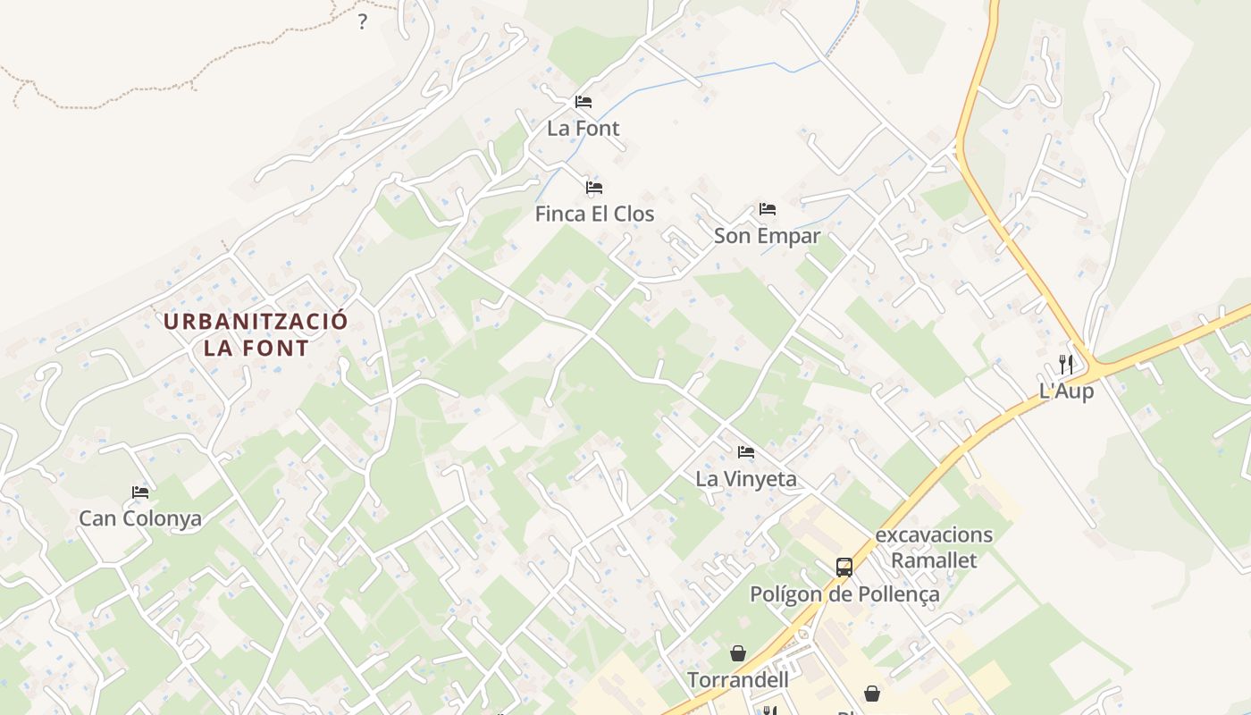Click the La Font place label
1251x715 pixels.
[583, 129]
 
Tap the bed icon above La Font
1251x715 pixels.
[584, 102]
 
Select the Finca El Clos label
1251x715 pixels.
[594, 214]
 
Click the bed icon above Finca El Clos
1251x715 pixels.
[594, 188]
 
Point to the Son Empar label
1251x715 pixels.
[767, 237]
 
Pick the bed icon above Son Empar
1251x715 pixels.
[768, 210]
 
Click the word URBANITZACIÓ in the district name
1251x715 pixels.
[256, 322]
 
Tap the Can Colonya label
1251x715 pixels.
[140, 519]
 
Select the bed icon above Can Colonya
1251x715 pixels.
[140, 492]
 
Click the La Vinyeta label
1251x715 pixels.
[746, 479]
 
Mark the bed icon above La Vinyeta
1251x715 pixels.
[746, 452]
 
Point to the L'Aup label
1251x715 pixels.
[1066, 391]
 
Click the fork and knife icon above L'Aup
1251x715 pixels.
[1066, 365]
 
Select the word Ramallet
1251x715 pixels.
[934, 561]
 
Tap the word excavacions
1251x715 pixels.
[934, 535]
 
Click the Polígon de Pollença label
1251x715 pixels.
[844, 594]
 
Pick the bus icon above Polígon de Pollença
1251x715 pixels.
[844, 567]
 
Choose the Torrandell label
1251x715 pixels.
[738, 680]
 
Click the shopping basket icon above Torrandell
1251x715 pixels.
[738, 653]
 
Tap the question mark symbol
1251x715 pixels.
[362, 22]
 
